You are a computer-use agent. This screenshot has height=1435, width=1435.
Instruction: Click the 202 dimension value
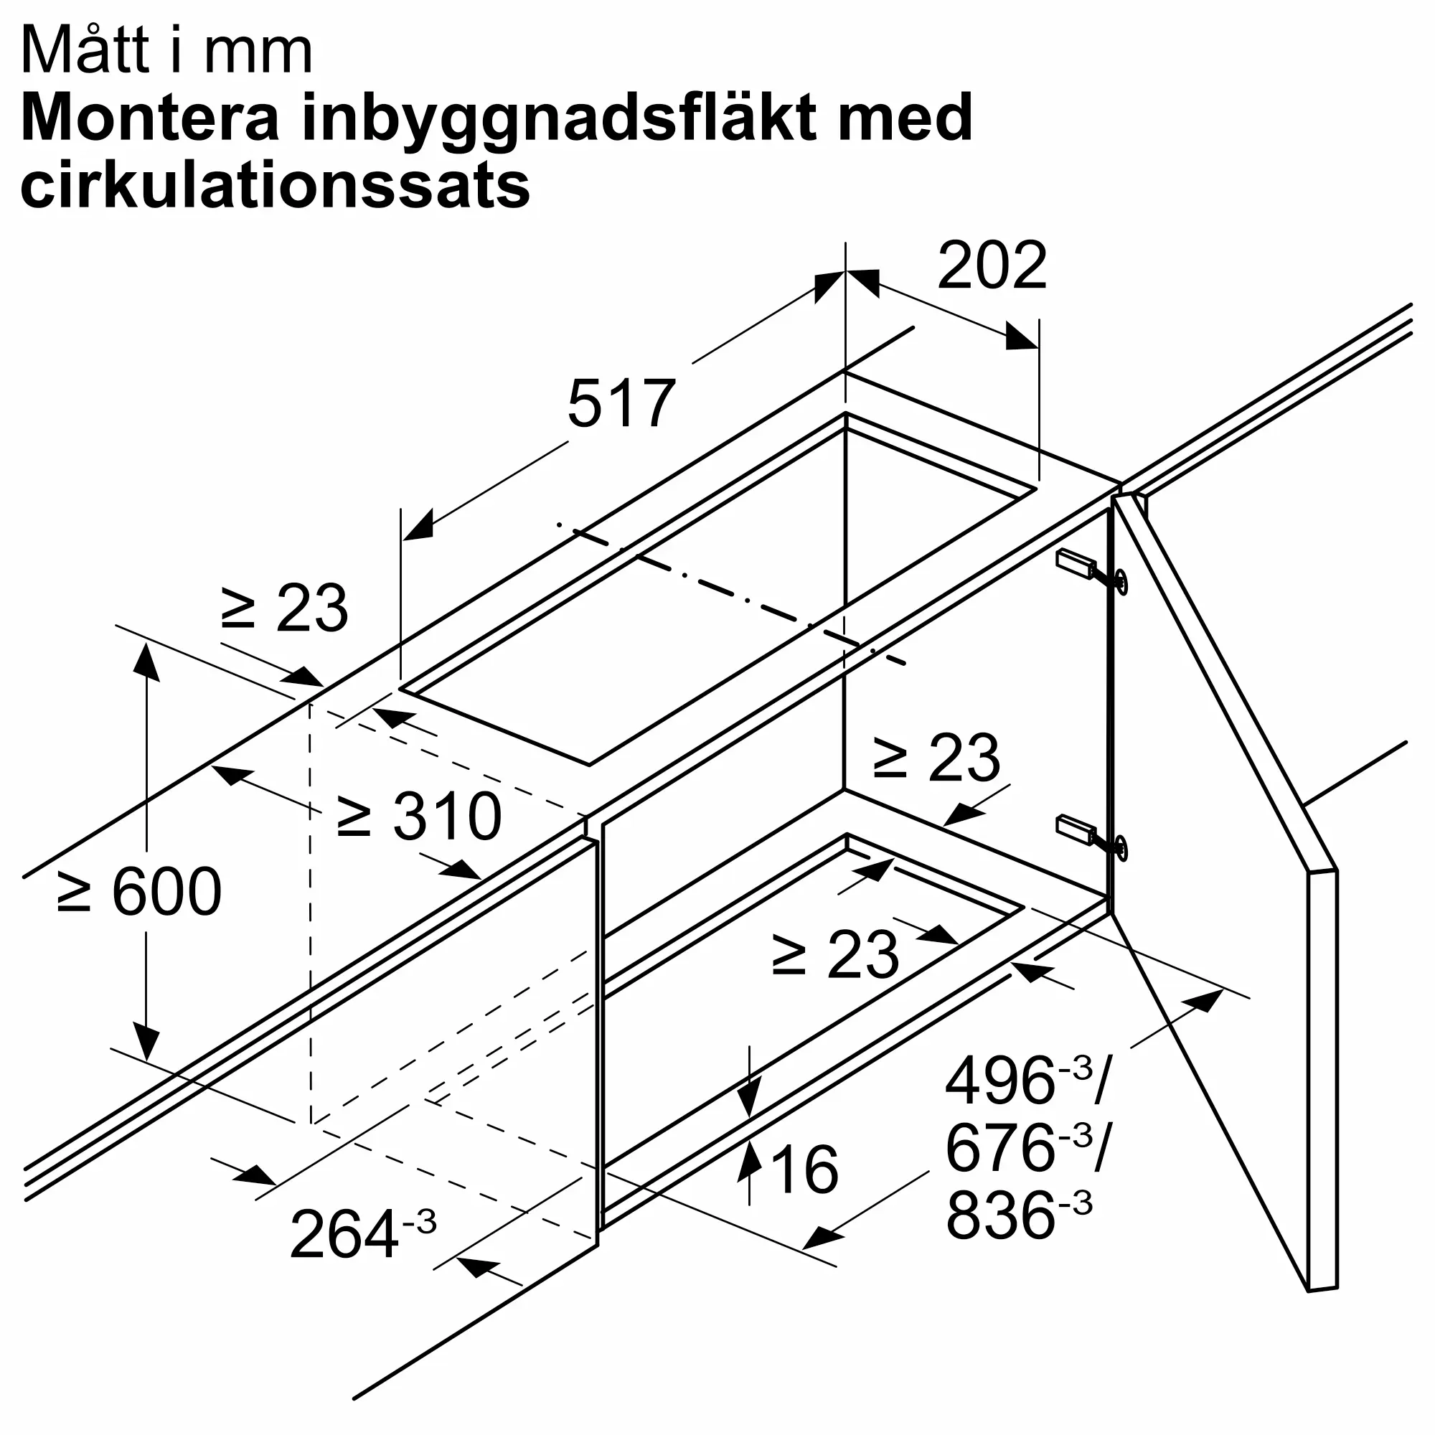tap(992, 266)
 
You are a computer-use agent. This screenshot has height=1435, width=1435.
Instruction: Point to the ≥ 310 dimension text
tap(420, 817)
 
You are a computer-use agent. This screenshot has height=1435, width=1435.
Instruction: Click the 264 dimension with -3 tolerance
tap(362, 1233)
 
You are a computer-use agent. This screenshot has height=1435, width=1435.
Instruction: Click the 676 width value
tap(999, 1148)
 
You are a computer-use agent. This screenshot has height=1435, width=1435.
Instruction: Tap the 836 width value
tap(999, 1215)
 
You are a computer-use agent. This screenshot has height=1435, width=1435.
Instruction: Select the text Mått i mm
tap(167, 52)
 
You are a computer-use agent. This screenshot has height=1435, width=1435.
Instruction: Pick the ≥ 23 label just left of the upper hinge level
tap(936, 758)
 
